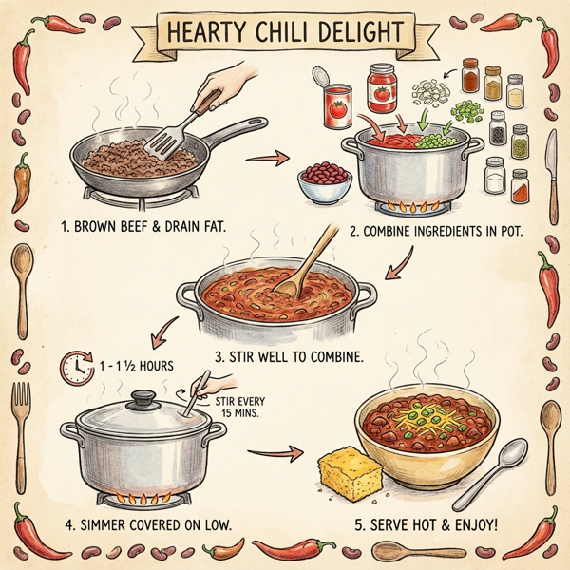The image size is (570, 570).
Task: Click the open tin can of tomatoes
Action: tap(337, 103)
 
